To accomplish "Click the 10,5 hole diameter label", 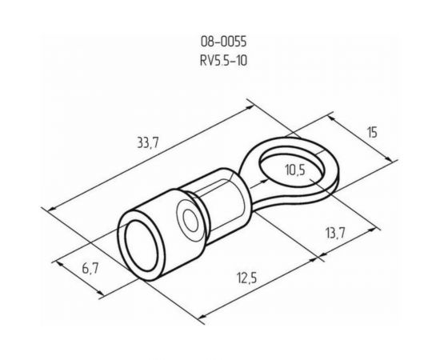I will click(x=295, y=169).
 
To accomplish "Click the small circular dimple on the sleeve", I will click(x=190, y=221).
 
